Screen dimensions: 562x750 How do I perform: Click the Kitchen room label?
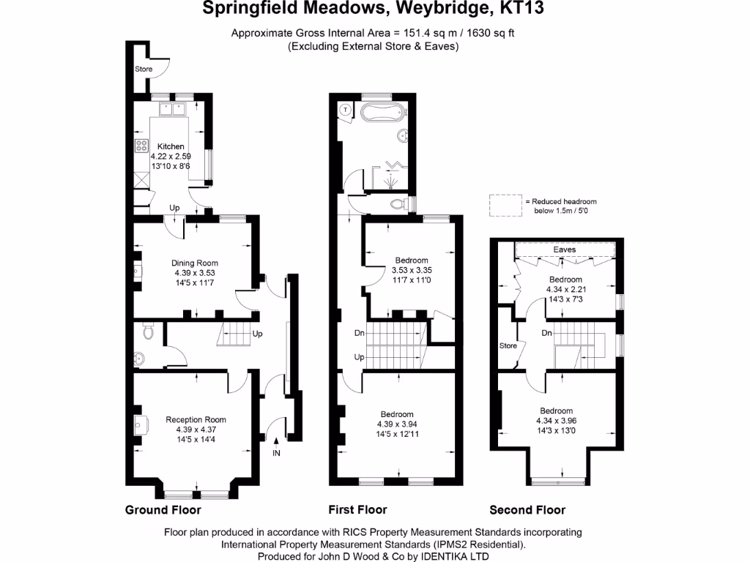click(x=171, y=146)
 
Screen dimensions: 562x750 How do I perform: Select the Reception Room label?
click(x=196, y=419)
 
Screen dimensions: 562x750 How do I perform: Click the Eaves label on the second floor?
click(x=564, y=250)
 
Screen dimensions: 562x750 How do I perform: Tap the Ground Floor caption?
click(x=163, y=510)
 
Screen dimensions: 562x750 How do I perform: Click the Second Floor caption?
click(x=527, y=510)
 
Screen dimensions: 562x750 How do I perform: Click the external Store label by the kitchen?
click(x=144, y=70)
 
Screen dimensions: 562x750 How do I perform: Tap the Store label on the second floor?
click(x=508, y=345)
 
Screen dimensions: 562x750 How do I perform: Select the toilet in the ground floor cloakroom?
click(x=149, y=333)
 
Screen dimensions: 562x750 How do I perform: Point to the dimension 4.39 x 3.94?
click(x=395, y=424)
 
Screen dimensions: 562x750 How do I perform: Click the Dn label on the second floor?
click(x=546, y=333)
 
